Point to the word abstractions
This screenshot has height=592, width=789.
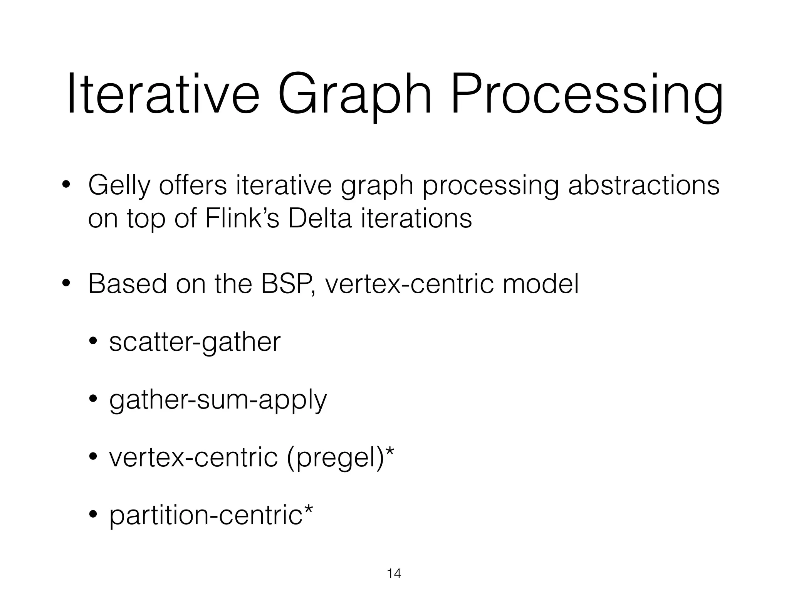(x=643, y=185)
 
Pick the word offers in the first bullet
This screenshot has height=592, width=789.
(x=193, y=185)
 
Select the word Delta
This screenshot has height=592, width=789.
(x=320, y=219)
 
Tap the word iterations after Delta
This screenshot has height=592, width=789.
(x=416, y=219)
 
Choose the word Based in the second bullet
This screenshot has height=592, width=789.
(x=128, y=284)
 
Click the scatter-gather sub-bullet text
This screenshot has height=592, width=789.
(x=195, y=342)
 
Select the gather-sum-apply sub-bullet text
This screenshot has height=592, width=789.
(x=218, y=401)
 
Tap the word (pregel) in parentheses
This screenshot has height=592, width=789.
(x=335, y=459)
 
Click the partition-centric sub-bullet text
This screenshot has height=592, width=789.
(x=206, y=516)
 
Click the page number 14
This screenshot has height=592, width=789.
(x=394, y=574)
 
